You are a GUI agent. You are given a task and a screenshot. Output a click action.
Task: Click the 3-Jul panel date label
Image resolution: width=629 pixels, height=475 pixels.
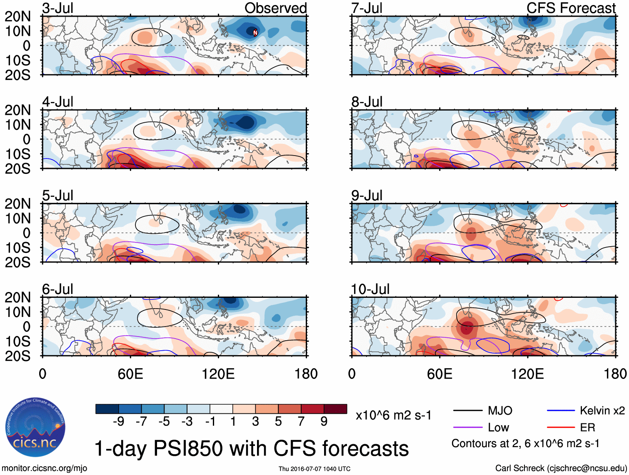point(57,8)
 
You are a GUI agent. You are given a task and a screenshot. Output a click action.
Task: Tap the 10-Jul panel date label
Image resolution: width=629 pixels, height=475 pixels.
point(370,289)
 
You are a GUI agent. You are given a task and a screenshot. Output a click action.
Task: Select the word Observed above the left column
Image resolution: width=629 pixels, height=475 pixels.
point(275,8)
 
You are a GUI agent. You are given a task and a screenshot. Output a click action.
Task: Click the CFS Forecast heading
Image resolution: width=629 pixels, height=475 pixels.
point(571,8)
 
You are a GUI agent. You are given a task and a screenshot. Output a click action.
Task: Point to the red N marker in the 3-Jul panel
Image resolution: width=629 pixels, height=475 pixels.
point(255,32)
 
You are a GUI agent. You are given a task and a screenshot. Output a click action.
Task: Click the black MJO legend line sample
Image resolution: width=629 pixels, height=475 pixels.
point(468,411)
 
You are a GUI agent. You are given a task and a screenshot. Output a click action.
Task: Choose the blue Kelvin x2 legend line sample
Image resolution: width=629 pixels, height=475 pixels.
point(561,411)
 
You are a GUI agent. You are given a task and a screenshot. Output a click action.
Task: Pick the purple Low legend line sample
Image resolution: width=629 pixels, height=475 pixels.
point(468,428)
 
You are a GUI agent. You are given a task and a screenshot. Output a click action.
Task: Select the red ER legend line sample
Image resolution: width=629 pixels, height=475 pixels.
point(561,428)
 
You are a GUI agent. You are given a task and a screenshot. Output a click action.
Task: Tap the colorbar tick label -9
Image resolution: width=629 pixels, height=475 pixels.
point(118,422)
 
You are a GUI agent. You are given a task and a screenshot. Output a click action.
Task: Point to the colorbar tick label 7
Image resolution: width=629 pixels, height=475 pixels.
point(301,422)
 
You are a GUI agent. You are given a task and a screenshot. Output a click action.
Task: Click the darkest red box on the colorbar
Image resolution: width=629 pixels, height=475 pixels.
point(335,409)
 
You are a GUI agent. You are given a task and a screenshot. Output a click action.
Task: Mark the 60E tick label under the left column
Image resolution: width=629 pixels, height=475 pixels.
point(130,374)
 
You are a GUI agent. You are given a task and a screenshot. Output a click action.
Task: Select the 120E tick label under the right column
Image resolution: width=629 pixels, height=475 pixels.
point(527,374)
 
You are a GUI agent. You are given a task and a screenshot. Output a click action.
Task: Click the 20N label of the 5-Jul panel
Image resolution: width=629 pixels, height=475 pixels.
point(17,204)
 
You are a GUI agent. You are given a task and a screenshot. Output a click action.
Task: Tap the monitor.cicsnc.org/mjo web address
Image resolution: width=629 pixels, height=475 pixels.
point(45,468)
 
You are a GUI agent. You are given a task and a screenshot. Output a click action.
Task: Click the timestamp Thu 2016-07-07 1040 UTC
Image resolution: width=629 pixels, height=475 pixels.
point(314,469)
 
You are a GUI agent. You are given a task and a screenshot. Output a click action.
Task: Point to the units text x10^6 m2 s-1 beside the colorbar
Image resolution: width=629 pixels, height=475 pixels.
point(393,416)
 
